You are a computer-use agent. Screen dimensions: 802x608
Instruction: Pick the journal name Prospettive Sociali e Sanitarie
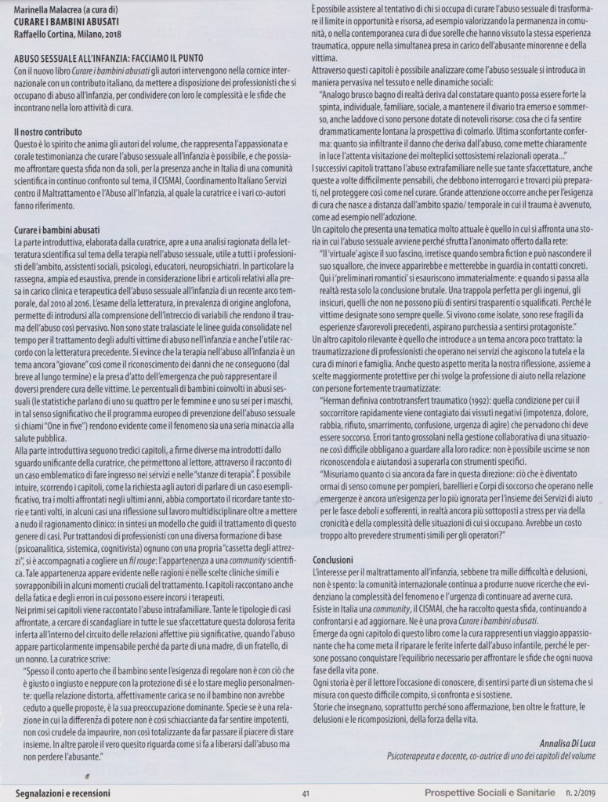483,792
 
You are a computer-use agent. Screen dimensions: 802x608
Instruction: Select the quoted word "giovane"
87,368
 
